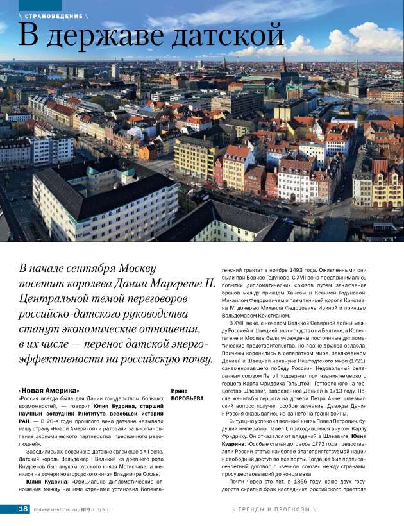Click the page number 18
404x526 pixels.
point(22,509)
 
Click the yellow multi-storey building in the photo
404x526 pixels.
point(194,158)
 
